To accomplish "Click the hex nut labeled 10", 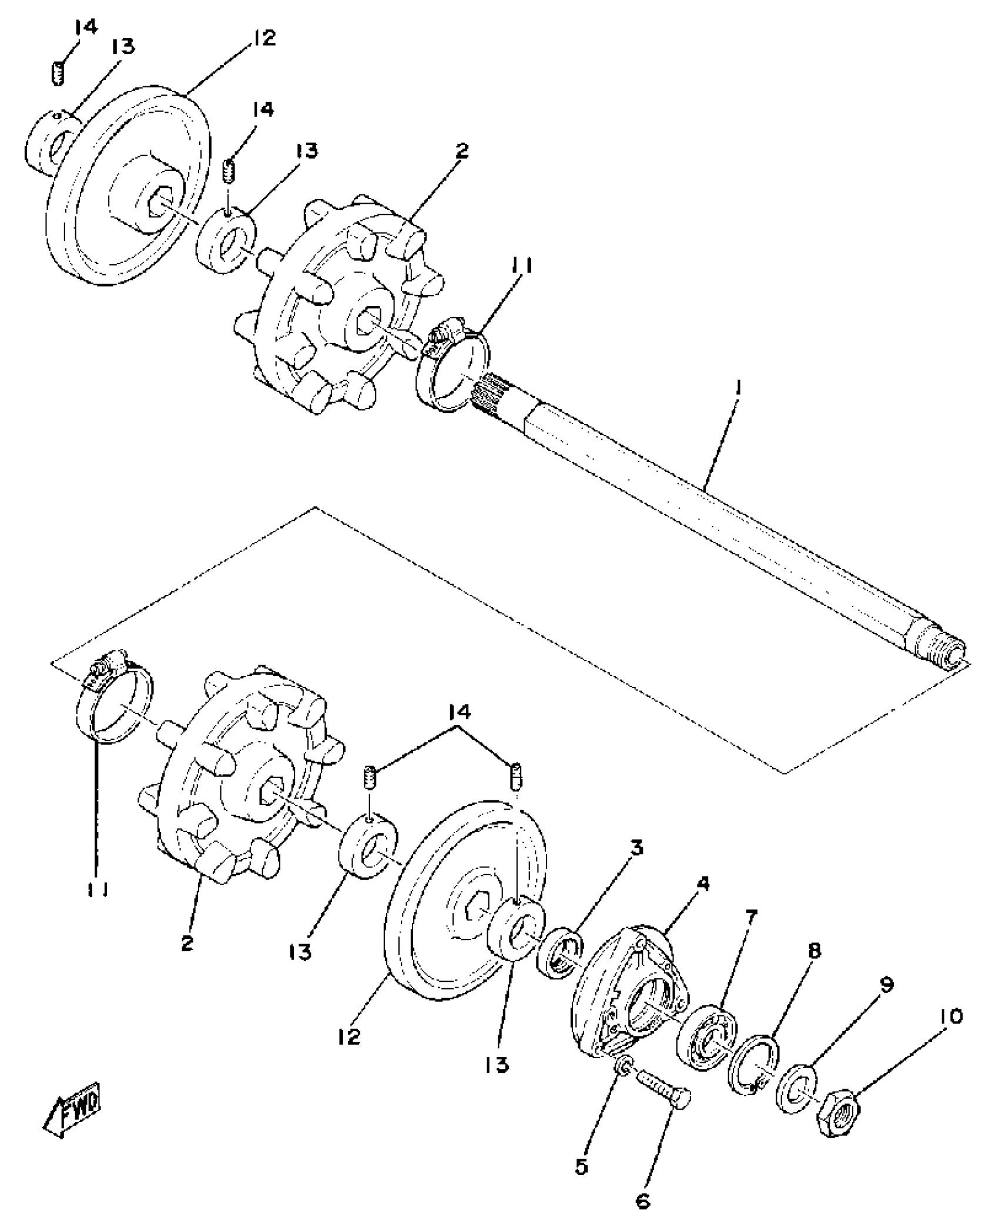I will click(838, 1112).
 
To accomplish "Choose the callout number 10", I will click(950, 1016).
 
